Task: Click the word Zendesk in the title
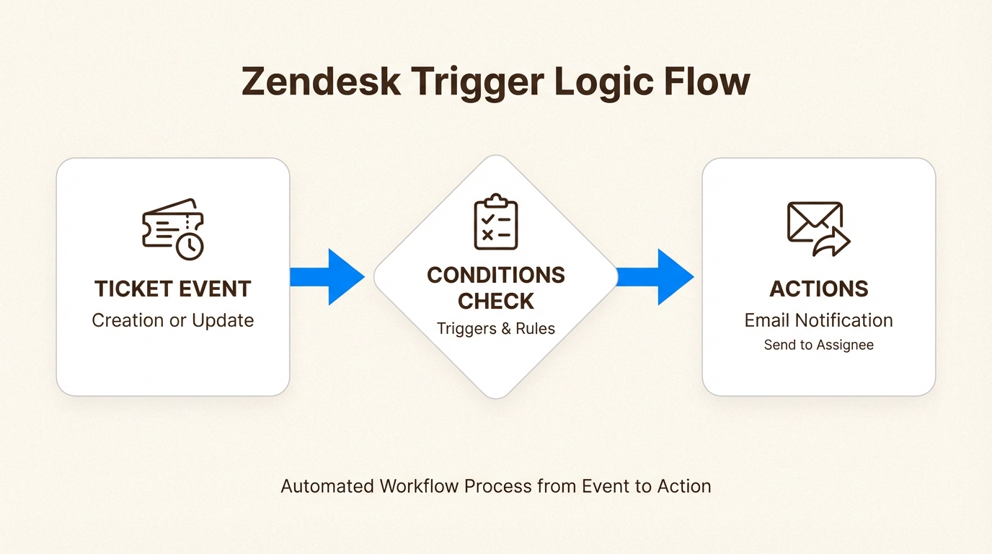click(x=321, y=82)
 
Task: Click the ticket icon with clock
click(x=173, y=228)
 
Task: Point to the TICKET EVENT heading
click(x=173, y=289)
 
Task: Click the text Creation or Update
click(x=173, y=320)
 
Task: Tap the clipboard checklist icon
click(x=495, y=221)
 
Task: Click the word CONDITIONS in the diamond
click(x=496, y=275)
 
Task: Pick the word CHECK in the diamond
click(x=496, y=301)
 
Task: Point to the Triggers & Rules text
click(x=496, y=329)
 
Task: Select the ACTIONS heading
click(x=818, y=289)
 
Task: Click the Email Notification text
click(x=818, y=320)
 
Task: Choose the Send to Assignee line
click(x=818, y=345)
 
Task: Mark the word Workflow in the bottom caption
click(x=420, y=486)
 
